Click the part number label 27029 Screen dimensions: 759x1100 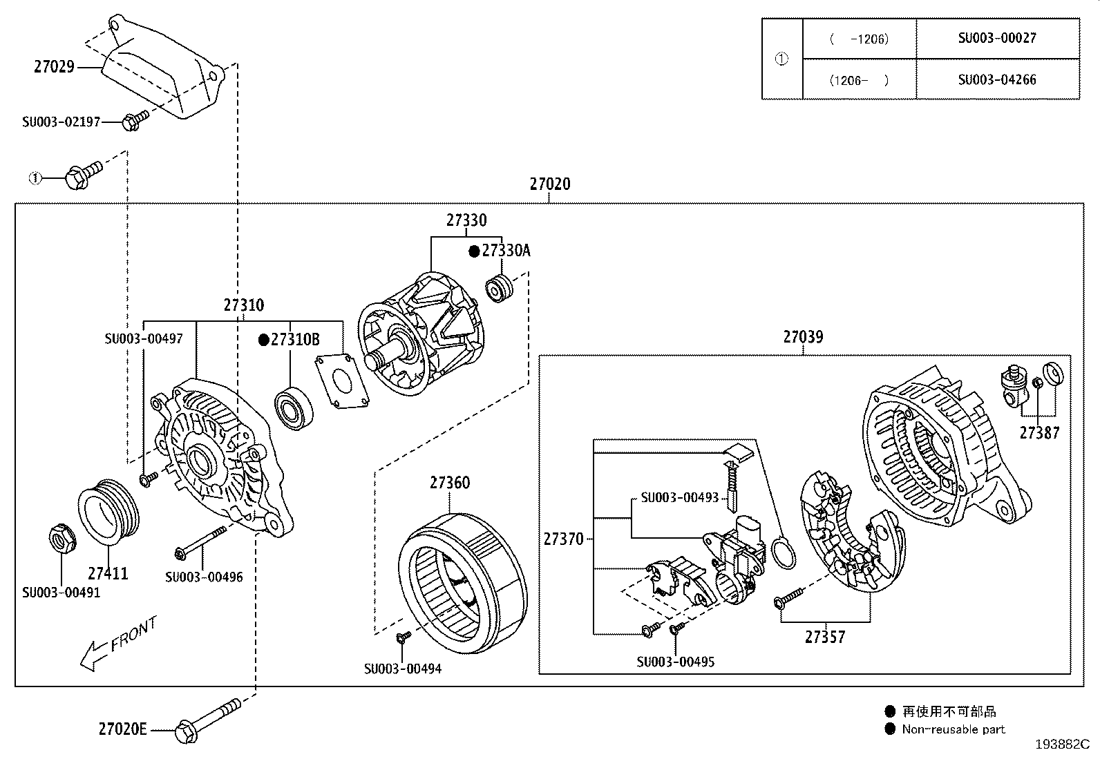(54, 67)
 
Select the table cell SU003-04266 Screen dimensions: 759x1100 (996, 79)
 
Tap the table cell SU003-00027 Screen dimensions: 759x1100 (996, 38)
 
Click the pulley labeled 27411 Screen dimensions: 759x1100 (109, 515)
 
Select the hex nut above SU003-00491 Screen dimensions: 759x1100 (61, 540)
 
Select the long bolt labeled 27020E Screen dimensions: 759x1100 (207, 720)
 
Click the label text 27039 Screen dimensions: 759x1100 (803, 337)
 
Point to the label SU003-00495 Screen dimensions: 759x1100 (675, 662)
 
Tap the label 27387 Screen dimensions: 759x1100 (1039, 433)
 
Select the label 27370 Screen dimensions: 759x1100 (563, 539)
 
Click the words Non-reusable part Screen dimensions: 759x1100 (953, 729)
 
